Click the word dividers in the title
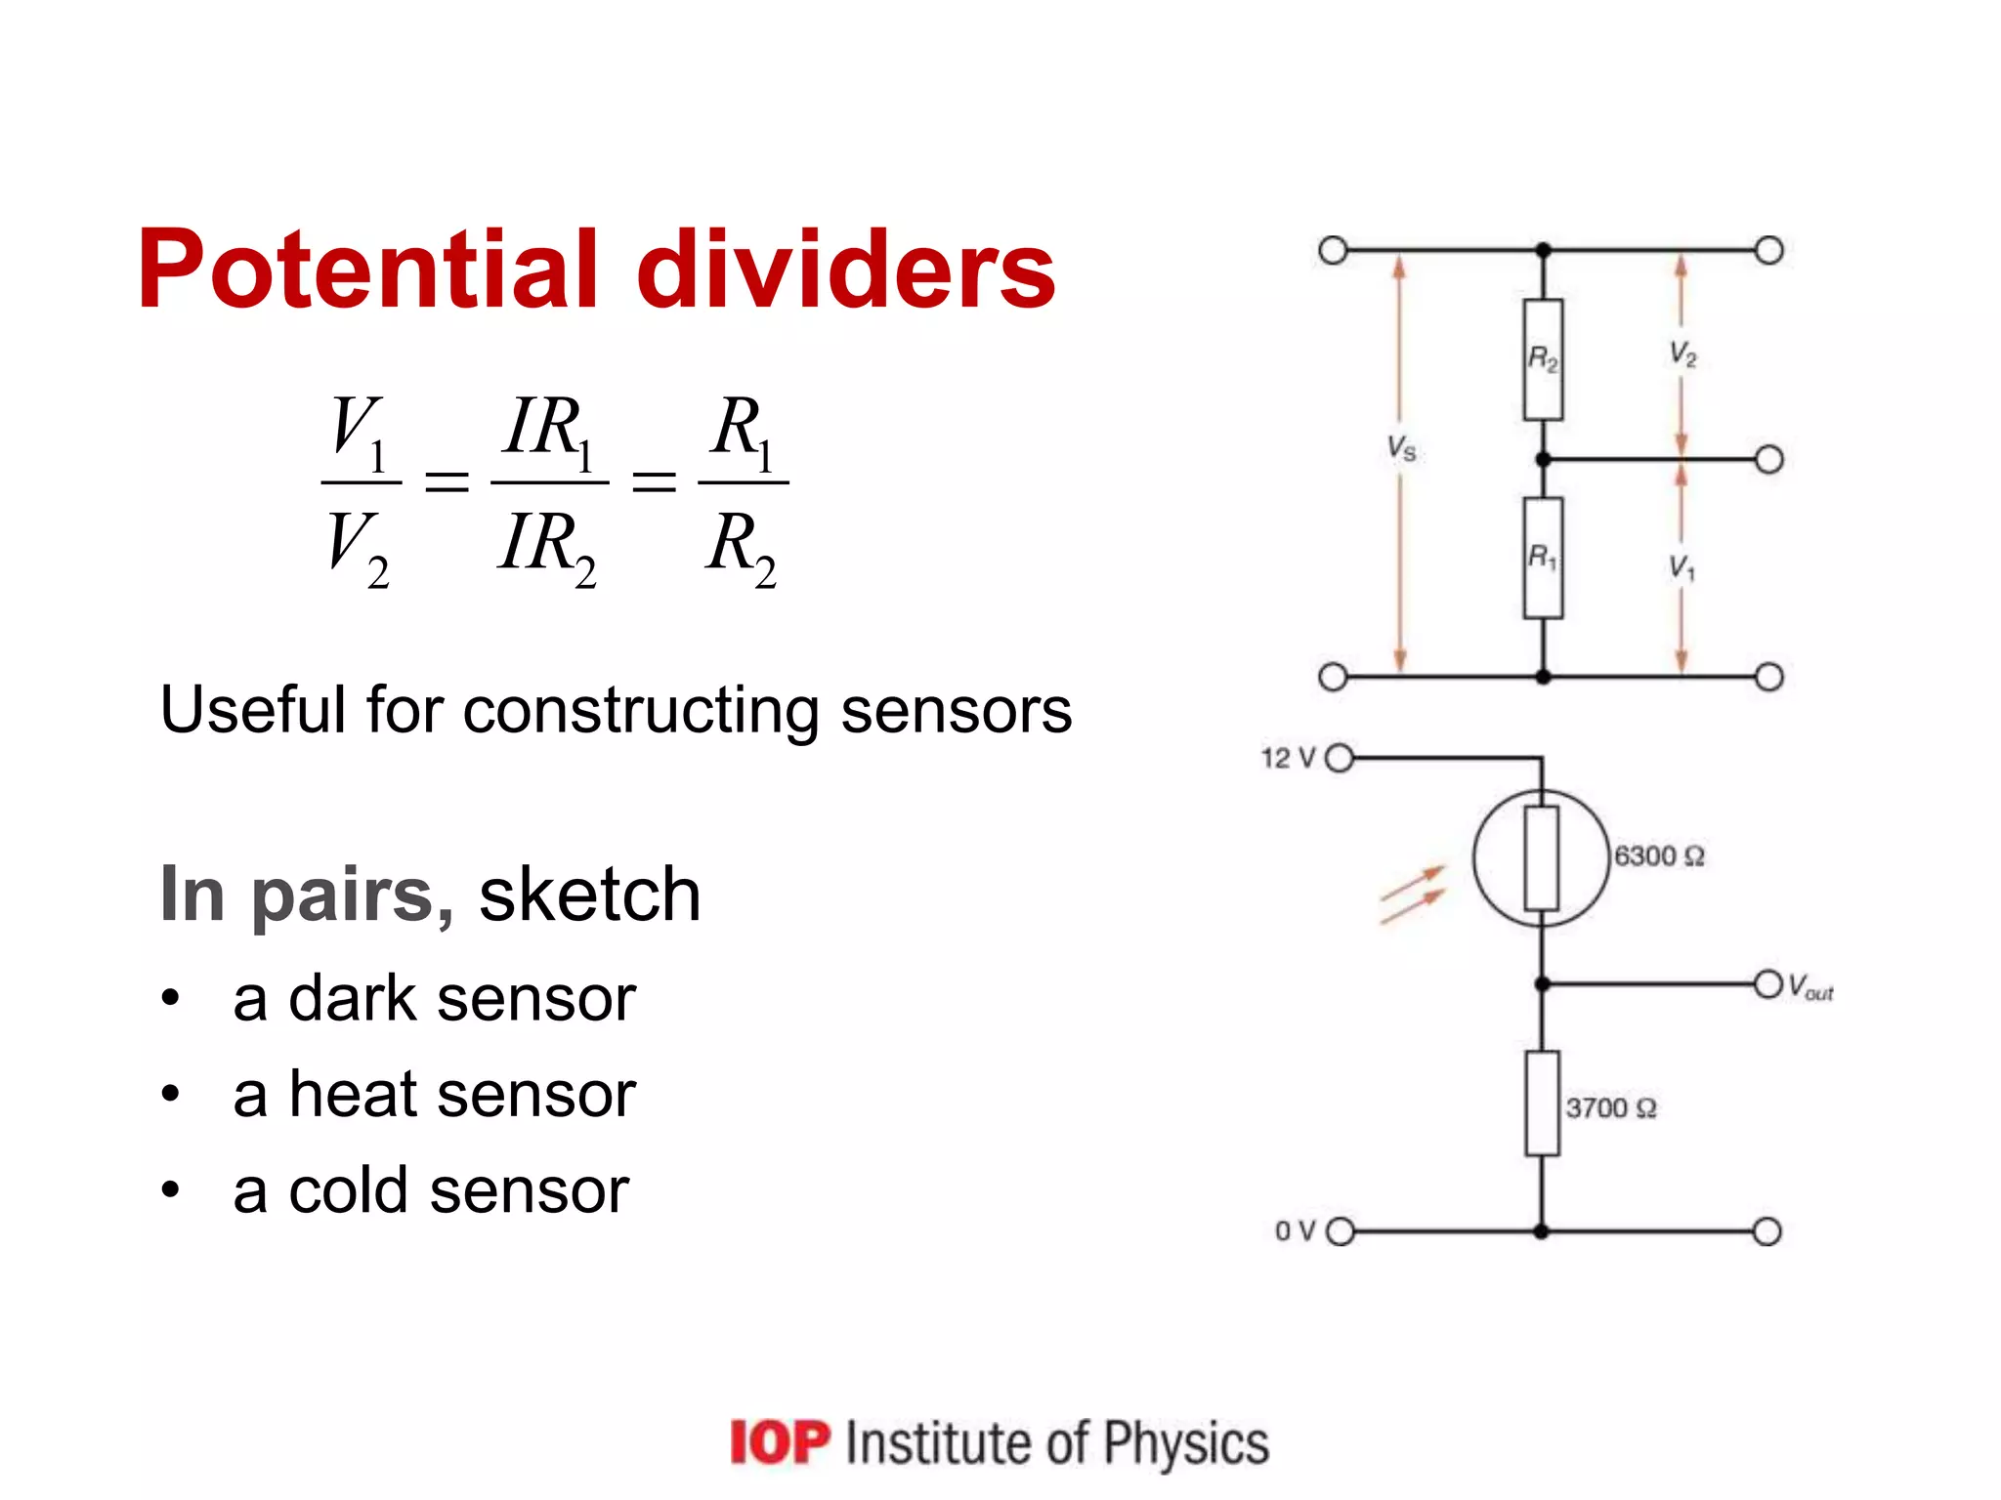point(846,269)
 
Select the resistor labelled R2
point(1543,359)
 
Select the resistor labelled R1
point(1543,558)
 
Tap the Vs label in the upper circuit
point(1402,448)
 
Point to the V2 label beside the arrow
point(1682,354)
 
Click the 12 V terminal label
point(1289,758)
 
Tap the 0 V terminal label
point(1296,1230)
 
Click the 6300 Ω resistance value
point(1659,856)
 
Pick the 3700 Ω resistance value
point(1611,1108)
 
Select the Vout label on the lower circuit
point(1810,987)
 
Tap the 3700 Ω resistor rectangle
point(1542,1104)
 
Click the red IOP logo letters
point(780,1442)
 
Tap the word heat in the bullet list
point(353,1094)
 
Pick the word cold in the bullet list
point(349,1190)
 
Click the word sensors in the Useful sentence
point(956,710)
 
